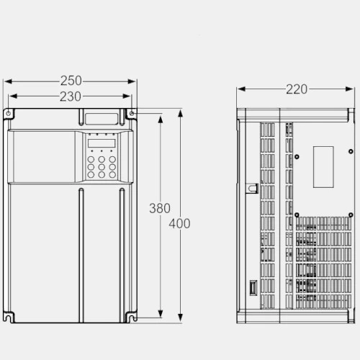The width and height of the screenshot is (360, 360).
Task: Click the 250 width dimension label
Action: point(71,81)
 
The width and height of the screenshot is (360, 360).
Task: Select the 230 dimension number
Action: point(71,96)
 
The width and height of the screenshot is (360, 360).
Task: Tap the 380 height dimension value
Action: point(160,208)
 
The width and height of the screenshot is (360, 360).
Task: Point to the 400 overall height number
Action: point(179,224)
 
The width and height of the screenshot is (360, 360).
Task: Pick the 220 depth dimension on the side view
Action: point(297,89)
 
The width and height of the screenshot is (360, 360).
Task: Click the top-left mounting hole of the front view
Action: point(8,113)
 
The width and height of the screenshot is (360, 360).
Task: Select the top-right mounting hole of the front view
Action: point(132,113)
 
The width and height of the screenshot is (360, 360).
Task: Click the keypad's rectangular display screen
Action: point(102,143)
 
